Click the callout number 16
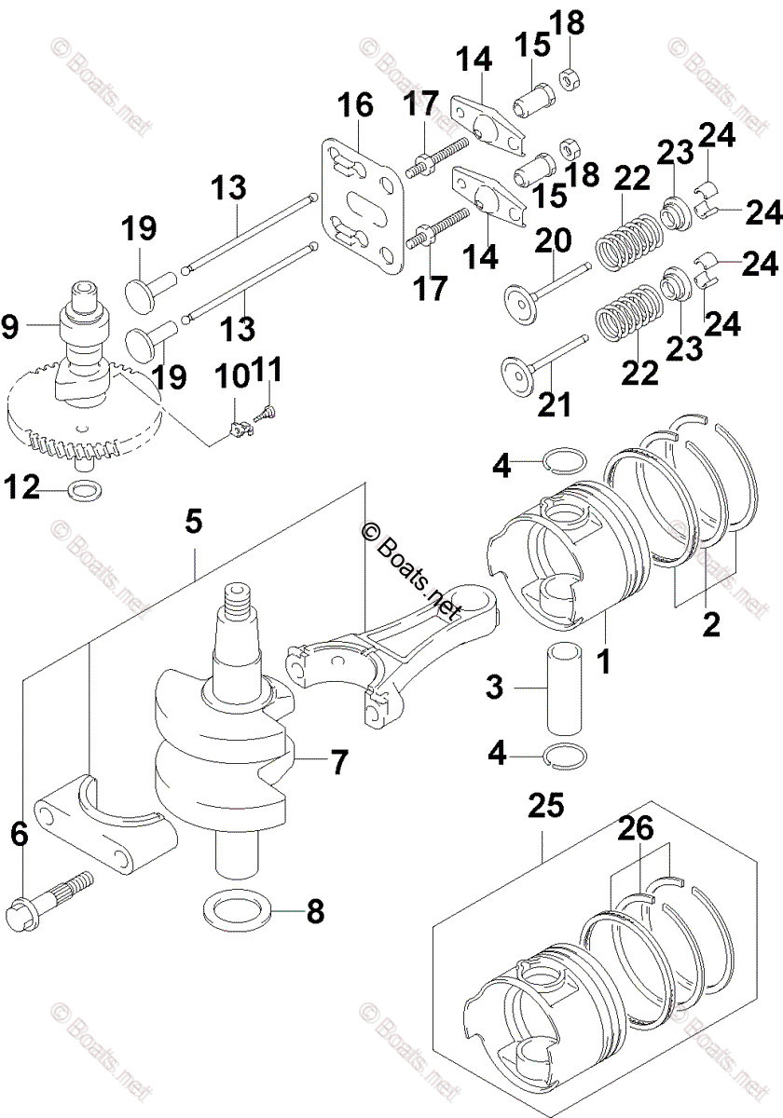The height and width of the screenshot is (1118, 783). [x=358, y=106]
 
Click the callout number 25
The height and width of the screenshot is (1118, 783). [x=545, y=804]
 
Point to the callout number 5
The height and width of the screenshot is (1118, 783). [x=193, y=522]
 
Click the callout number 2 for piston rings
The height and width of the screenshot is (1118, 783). [x=711, y=623]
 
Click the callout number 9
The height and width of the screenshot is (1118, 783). [x=10, y=325]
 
